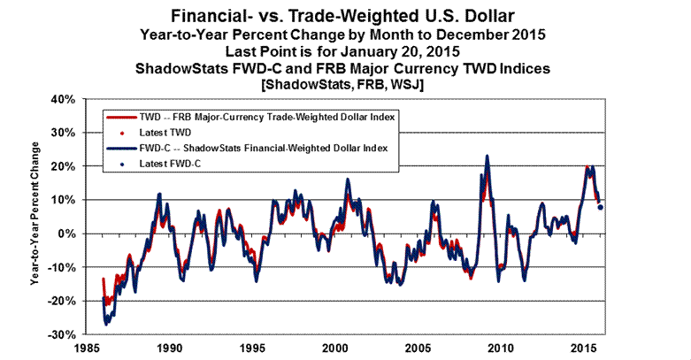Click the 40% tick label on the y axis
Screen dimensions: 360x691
pyautogui.click(x=62, y=98)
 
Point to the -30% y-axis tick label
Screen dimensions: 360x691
pyautogui.click(x=59, y=335)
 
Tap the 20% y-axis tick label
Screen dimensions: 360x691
pyautogui.click(x=62, y=165)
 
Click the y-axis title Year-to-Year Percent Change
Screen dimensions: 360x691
pyautogui.click(x=34, y=218)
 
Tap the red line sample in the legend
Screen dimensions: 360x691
pyautogui.click(x=119, y=117)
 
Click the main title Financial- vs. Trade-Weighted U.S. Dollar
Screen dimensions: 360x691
pyautogui.click(x=344, y=16)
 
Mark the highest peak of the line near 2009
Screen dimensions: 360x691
pyautogui.click(x=487, y=157)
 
